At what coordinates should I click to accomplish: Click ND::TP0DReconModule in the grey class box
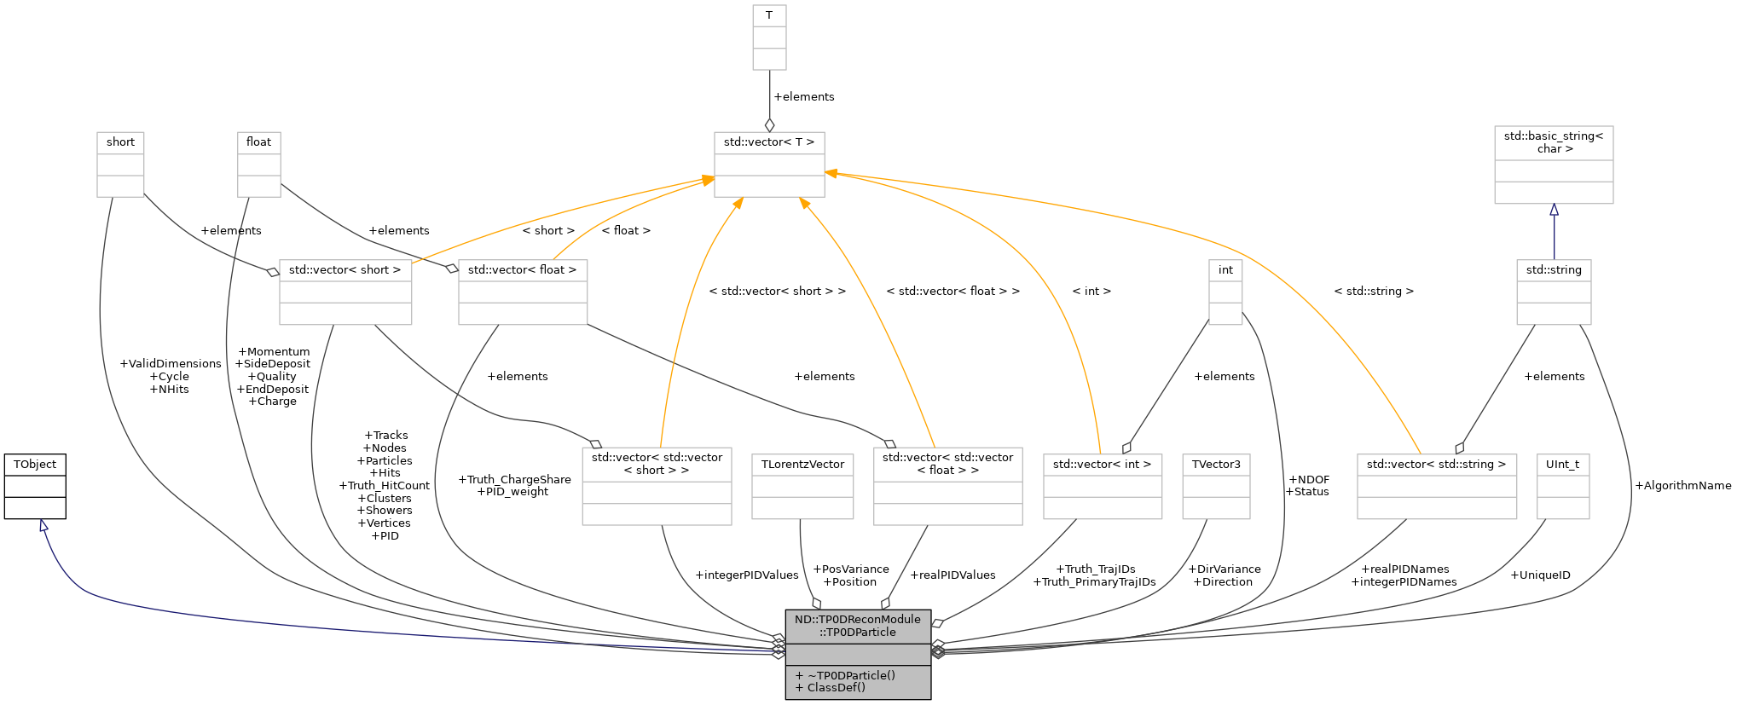click(x=857, y=620)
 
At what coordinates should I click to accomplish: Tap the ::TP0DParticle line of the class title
click(x=857, y=633)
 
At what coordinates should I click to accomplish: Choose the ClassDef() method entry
click(x=836, y=687)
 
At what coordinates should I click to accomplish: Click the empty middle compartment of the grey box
click(x=857, y=654)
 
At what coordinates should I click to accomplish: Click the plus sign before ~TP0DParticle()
click(x=799, y=675)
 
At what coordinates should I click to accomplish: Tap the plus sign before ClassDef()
click(x=799, y=687)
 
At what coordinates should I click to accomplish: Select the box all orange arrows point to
click(x=769, y=165)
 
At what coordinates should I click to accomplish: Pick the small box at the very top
click(x=769, y=38)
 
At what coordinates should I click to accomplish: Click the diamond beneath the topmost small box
click(x=769, y=125)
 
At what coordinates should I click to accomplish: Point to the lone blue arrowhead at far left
click(x=43, y=526)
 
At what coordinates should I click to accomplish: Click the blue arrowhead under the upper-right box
click(x=1554, y=210)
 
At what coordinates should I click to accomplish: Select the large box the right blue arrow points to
click(x=1554, y=165)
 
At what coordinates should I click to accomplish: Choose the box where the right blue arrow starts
click(x=1554, y=292)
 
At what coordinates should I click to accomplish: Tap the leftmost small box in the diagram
click(x=120, y=165)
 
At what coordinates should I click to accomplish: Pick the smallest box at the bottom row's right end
click(x=1563, y=487)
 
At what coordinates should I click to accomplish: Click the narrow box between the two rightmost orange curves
click(x=1225, y=292)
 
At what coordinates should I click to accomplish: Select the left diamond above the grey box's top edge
click(x=816, y=603)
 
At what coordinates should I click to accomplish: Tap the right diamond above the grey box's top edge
click(x=886, y=603)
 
